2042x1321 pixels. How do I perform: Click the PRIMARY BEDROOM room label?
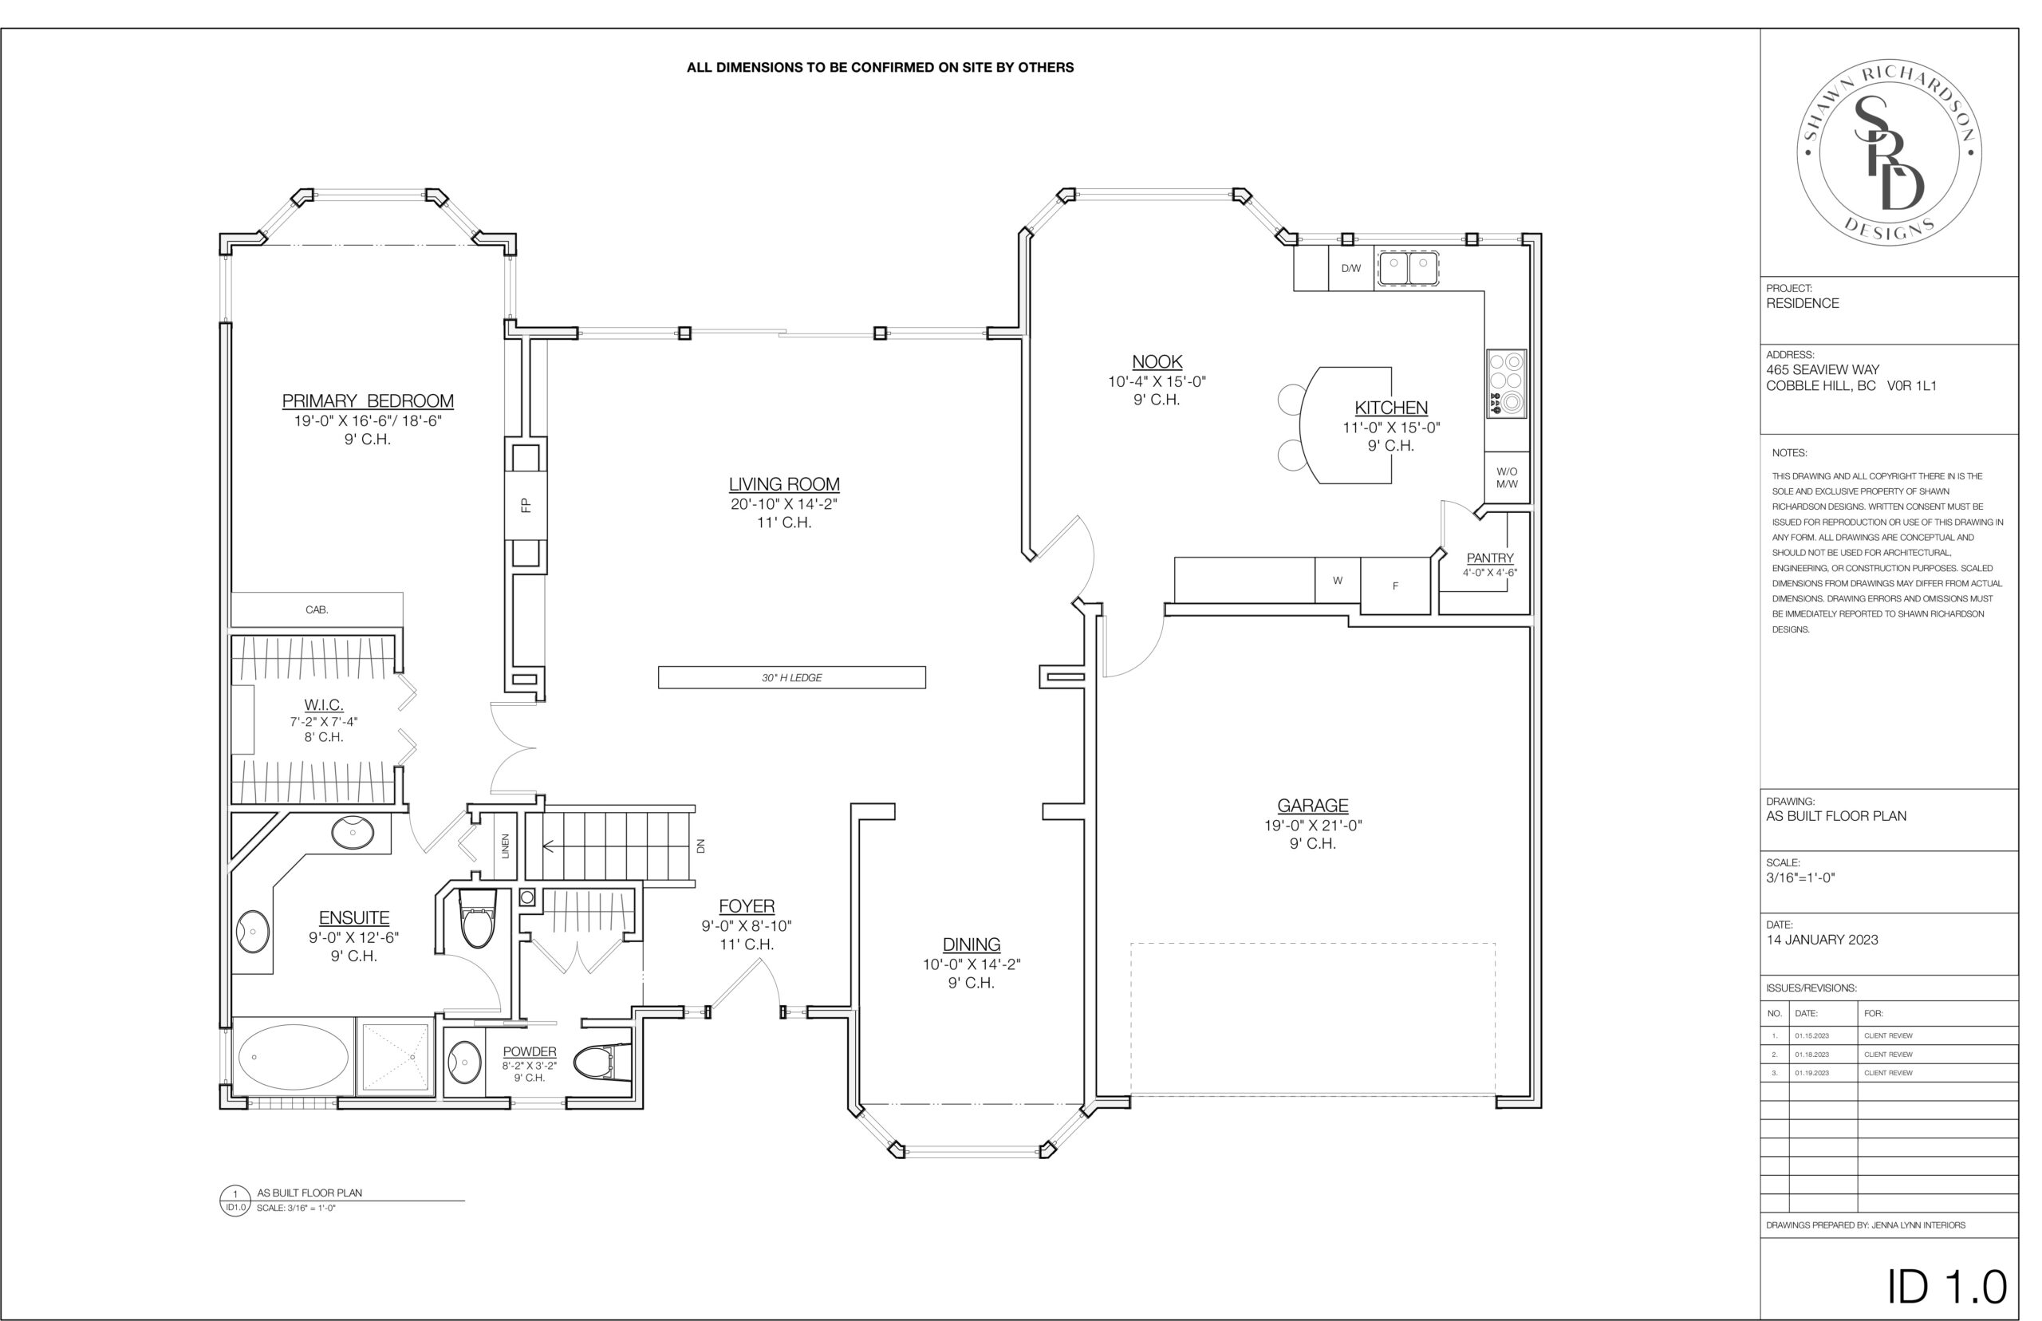click(368, 400)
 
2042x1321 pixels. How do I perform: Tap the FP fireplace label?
click(526, 505)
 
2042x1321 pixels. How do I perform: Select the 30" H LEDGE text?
click(791, 678)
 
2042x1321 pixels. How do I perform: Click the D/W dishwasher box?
click(1350, 269)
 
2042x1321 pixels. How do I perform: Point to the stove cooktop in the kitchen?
click(1506, 384)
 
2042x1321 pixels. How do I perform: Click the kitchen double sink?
click(1408, 266)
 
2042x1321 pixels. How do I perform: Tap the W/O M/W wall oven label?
click(1507, 478)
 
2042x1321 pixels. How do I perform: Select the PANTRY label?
click(1490, 558)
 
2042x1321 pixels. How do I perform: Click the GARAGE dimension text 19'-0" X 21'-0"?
click(1313, 825)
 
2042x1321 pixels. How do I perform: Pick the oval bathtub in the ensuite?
click(294, 1057)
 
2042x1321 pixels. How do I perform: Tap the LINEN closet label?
click(505, 846)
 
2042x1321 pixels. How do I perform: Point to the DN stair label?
click(700, 846)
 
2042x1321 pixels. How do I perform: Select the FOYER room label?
click(746, 906)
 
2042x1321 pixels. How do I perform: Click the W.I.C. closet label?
click(323, 705)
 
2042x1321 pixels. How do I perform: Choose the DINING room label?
click(972, 944)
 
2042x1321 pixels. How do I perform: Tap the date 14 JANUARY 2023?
click(1822, 939)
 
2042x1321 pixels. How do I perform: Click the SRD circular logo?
click(1890, 153)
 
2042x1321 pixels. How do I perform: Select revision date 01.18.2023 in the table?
click(1811, 1055)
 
